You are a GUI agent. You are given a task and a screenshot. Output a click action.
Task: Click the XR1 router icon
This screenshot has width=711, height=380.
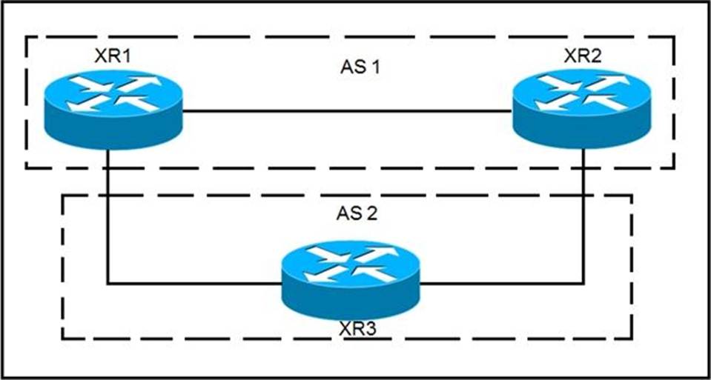click(x=113, y=110)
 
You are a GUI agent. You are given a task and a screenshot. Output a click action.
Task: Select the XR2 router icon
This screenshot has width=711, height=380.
click(x=582, y=109)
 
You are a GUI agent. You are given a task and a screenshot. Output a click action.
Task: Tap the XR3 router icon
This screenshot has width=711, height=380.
click(x=350, y=280)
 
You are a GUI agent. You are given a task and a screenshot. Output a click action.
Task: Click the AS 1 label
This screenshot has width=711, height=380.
click(x=360, y=68)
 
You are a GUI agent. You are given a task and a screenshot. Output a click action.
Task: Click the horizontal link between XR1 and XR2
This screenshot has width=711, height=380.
click(x=348, y=110)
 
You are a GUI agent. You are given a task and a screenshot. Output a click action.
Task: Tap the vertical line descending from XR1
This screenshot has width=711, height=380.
click(x=108, y=216)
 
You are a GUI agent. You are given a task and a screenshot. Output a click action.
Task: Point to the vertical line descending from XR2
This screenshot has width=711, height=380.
click(x=583, y=216)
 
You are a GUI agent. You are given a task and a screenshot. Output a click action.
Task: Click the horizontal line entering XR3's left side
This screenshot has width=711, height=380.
click(x=194, y=284)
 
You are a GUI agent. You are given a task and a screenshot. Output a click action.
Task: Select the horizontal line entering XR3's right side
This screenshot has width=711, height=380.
click(x=501, y=284)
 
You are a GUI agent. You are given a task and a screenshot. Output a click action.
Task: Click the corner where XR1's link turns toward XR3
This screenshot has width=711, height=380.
click(x=108, y=284)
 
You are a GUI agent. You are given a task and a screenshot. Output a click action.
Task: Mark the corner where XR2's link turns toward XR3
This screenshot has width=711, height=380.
click(x=583, y=284)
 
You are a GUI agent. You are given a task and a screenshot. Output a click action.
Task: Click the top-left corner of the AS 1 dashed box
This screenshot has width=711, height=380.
click(x=26, y=38)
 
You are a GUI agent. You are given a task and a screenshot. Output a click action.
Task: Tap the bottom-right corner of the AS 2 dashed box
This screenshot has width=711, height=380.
click(x=632, y=338)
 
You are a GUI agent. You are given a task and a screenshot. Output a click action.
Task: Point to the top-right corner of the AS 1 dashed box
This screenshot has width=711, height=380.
click(x=674, y=38)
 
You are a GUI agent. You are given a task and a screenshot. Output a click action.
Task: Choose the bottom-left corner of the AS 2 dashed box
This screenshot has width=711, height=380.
click(x=62, y=338)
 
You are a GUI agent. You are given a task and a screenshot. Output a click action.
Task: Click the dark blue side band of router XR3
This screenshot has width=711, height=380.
click(x=350, y=304)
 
